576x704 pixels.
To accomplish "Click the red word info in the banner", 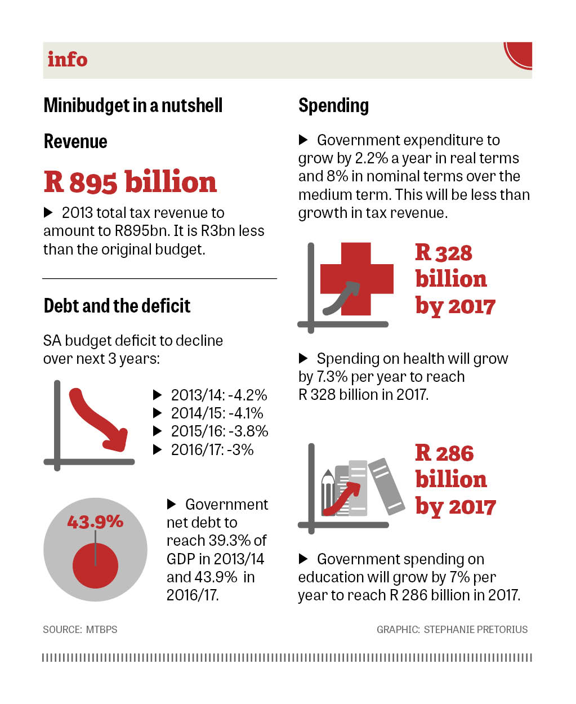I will point(68,59).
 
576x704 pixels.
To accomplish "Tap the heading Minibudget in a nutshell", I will point(133,105).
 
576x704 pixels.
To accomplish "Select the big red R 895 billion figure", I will point(130,182).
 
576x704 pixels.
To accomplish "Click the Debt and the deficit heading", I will point(117,306).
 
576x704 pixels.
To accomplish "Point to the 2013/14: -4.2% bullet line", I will point(218,395).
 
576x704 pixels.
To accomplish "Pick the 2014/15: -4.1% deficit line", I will point(217,413).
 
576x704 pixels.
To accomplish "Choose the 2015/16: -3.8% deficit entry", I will point(219,431).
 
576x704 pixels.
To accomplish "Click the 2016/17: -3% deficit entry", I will point(212,449).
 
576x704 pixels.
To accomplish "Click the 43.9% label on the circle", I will point(95,522).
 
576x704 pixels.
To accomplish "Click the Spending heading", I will point(333,105).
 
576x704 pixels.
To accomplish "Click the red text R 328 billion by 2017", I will point(455,279).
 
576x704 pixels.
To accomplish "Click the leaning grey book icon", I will point(386,485).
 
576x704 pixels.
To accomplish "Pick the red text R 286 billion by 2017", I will point(455,479).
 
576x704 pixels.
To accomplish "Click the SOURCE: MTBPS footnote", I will point(80,629).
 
